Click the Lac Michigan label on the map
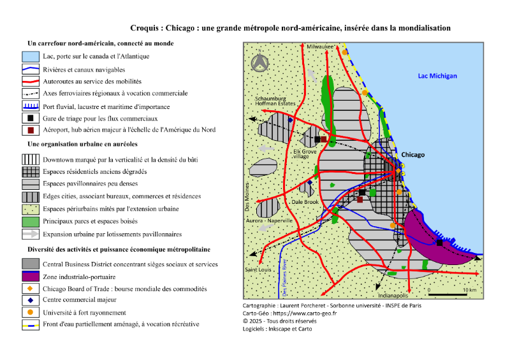(437, 76)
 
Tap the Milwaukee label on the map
(321, 47)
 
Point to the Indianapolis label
(393, 296)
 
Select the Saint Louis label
(258, 270)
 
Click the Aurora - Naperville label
(269, 220)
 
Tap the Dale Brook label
(305, 202)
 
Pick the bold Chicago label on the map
(412, 155)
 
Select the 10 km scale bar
(448, 294)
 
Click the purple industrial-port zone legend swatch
(31, 276)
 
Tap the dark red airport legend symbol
(31, 130)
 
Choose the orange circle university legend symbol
(30, 312)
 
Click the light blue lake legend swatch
(31, 56)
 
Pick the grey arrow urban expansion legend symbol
(31, 234)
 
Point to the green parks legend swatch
(31, 222)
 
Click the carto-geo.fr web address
(305, 313)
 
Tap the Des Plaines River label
(284, 277)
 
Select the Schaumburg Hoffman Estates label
(275, 101)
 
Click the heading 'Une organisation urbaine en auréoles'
(82, 144)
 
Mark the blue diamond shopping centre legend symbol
(30, 300)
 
